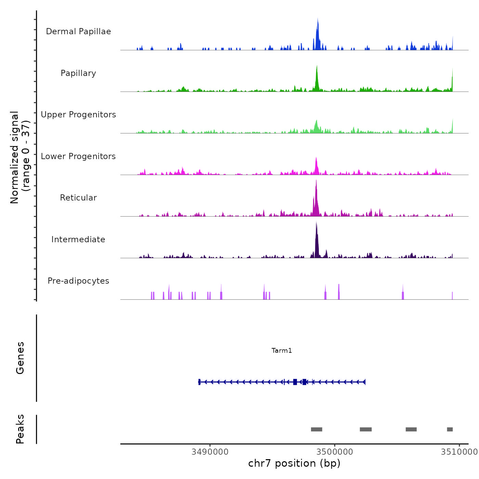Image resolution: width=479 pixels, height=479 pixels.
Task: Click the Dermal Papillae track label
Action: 78,31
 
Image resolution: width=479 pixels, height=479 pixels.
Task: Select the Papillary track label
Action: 78,73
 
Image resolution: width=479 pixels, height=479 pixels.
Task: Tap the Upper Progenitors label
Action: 78,115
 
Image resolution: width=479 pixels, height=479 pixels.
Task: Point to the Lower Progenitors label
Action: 78,156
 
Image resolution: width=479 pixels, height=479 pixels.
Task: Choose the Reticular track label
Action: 78,198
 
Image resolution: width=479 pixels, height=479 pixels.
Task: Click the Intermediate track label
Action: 78,239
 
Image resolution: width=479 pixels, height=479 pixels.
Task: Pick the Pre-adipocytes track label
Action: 78,281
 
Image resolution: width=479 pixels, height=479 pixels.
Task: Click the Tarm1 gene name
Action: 282,350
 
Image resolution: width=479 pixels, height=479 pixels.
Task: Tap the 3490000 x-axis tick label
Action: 210,452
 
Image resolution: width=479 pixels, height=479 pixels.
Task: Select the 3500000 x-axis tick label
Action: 335,452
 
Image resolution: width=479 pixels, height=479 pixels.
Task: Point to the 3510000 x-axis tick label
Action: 459,452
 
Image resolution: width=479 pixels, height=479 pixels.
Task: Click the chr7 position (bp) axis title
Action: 294,463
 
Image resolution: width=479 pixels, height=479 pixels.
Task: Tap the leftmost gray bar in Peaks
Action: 316,429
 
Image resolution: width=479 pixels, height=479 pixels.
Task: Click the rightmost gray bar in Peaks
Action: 450,429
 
